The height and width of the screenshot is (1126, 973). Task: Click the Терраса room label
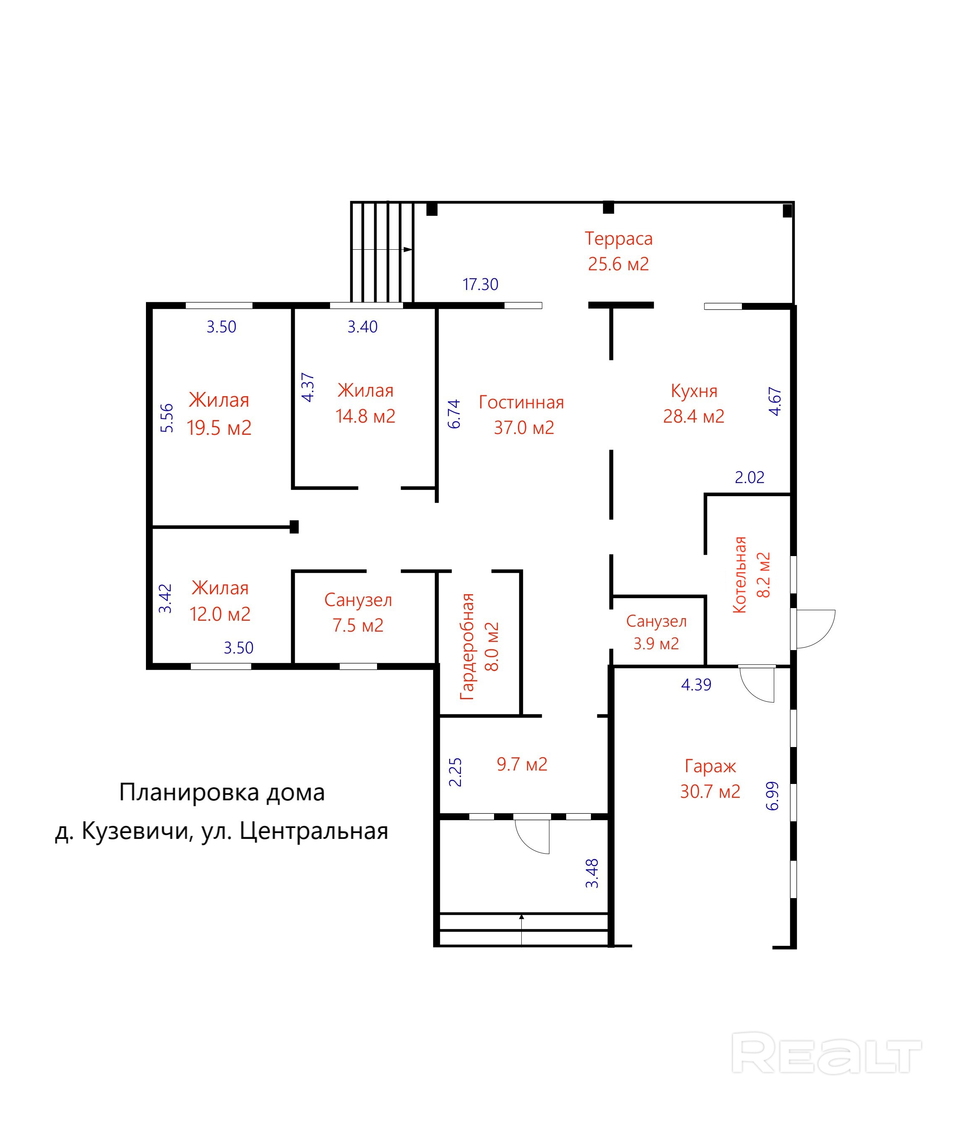(x=619, y=238)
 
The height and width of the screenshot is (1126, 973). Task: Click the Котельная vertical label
(x=739, y=575)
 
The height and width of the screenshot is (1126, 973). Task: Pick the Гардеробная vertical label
(x=467, y=647)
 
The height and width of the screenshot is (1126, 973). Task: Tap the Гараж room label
(x=710, y=766)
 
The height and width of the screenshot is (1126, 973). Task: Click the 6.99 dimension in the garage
(x=772, y=796)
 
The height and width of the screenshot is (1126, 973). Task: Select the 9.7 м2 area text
(x=522, y=764)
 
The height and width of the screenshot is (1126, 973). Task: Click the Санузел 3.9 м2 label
(x=656, y=632)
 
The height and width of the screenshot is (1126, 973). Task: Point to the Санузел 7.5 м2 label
(x=358, y=612)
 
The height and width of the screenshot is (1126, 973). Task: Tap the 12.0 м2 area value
(x=220, y=614)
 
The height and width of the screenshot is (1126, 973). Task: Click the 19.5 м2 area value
(x=219, y=428)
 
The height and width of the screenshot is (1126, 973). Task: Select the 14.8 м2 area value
(x=365, y=416)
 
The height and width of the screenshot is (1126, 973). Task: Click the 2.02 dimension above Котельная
(x=749, y=477)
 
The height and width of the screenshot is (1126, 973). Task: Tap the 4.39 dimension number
(x=696, y=685)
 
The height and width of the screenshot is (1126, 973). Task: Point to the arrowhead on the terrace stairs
(x=408, y=249)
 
